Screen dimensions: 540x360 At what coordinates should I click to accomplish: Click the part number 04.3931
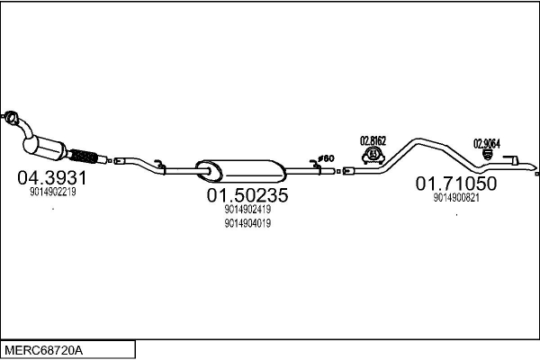click(52, 178)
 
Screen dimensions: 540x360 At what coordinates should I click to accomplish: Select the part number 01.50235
click(247, 195)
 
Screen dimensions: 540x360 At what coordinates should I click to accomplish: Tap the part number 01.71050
click(456, 184)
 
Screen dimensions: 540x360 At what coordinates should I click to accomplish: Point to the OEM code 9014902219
click(53, 192)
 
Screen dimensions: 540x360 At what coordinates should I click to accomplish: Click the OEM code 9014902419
click(247, 209)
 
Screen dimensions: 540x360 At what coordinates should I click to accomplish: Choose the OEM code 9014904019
click(247, 223)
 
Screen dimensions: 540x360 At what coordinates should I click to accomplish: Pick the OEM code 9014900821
click(456, 198)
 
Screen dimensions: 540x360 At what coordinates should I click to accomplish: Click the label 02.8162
click(373, 141)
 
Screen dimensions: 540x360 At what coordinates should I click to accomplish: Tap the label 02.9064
click(487, 144)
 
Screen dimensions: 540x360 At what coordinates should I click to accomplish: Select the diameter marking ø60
click(326, 158)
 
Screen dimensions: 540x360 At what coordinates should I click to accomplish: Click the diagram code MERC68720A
click(44, 351)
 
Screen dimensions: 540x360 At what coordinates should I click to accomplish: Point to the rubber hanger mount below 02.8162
click(373, 156)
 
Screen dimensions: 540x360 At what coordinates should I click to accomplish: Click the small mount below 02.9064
click(487, 155)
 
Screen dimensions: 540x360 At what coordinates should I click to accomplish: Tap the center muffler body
click(241, 171)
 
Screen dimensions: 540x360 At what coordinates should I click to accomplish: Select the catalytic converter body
click(45, 148)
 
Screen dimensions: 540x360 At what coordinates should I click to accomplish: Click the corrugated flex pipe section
click(83, 157)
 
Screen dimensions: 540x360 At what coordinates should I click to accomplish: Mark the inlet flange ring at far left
click(11, 117)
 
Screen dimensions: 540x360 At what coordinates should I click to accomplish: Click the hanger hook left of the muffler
click(159, 165)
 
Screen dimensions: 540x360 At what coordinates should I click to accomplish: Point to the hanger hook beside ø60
click(315, 165)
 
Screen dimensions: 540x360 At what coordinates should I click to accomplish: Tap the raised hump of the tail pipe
click(418, 140)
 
